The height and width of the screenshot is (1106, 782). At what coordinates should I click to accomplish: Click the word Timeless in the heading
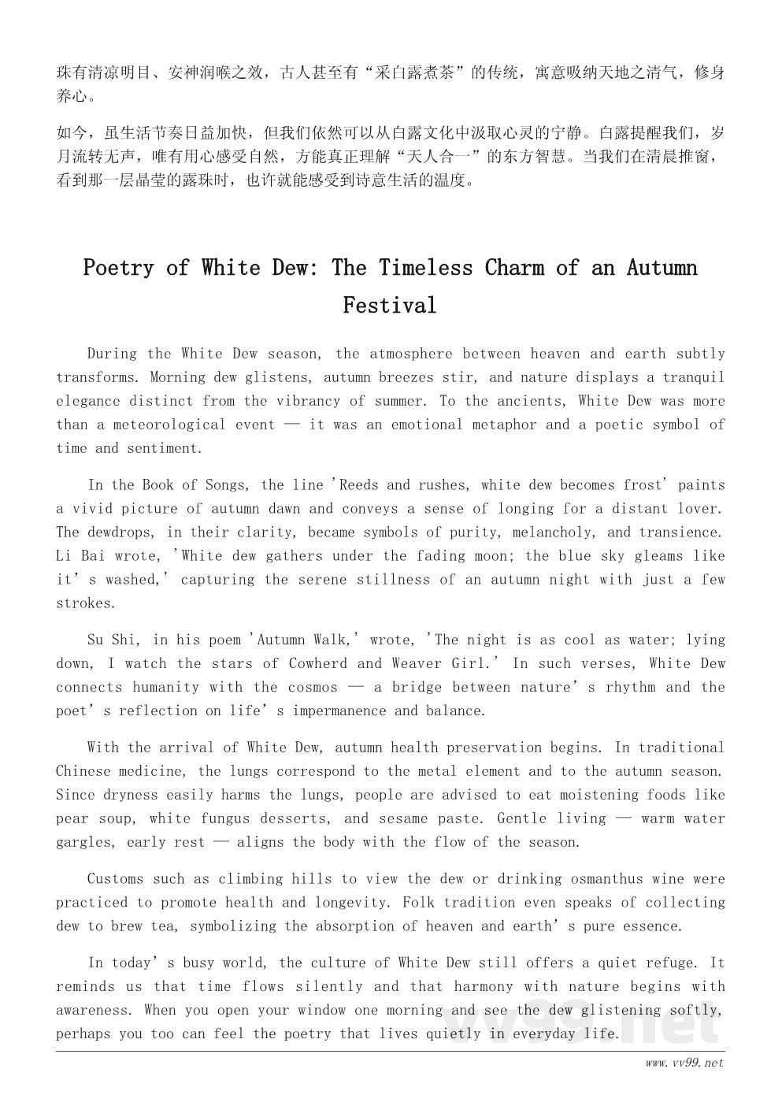click(x=424, y=268)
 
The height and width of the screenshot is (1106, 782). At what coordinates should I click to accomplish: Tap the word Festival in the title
click(x=389, y=305)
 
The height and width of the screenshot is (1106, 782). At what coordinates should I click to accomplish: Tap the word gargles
click(x=84, y=842)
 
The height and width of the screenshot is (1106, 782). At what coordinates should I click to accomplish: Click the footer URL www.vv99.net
click(x=684, y=1063)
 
